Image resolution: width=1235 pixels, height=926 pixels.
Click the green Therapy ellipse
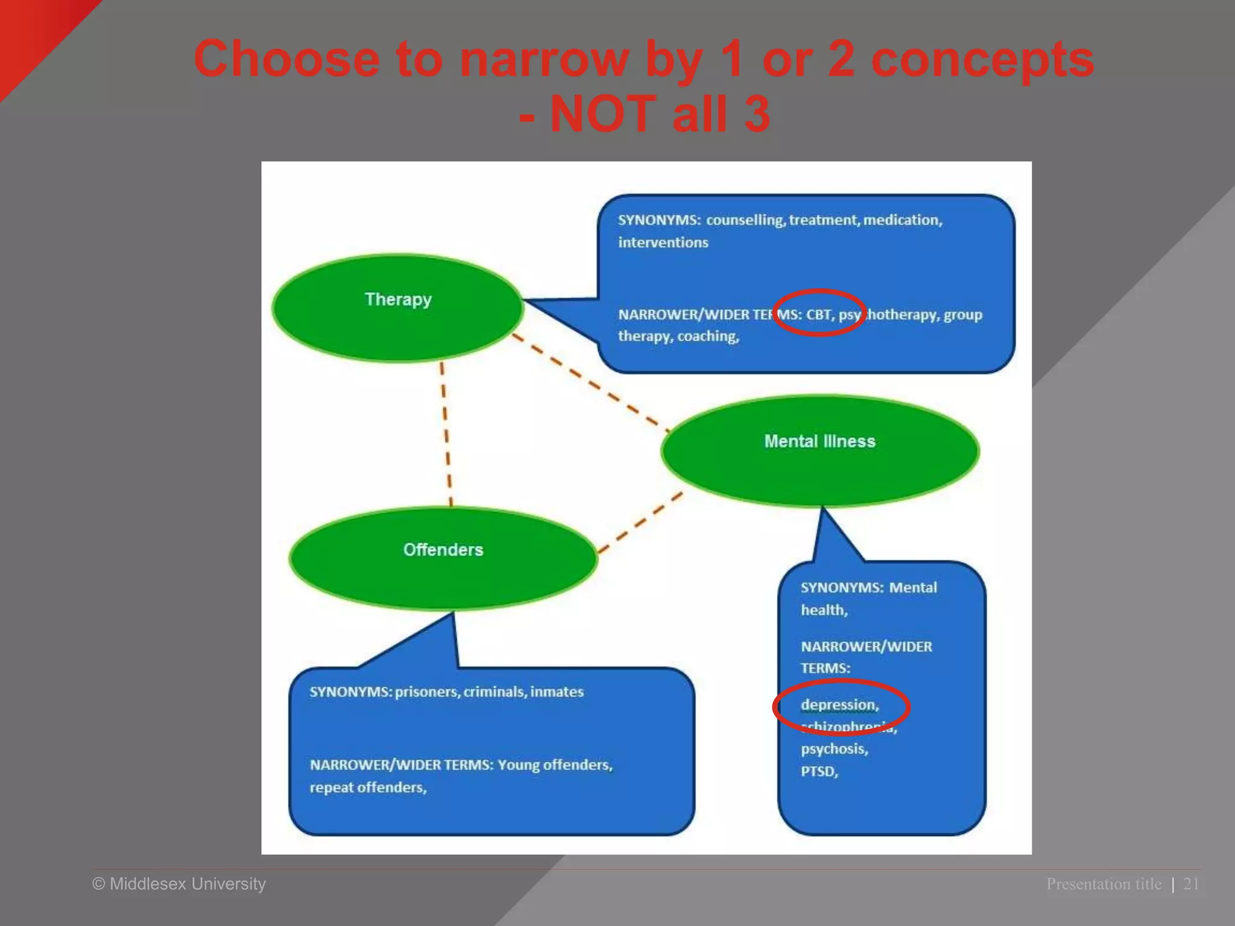[398, 307]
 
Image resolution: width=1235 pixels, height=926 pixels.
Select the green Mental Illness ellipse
[820, 451]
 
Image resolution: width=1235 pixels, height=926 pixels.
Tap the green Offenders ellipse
[443, 558]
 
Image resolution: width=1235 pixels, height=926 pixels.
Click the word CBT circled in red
[819, 315]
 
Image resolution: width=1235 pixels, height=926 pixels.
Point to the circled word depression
[839, 705]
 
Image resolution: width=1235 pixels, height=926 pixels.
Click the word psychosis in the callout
[834, 749]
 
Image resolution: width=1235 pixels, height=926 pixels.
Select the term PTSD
[819, 772]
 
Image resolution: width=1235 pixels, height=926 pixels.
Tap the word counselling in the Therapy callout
[745, 220]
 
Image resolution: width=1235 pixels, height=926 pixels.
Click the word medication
[902, 220]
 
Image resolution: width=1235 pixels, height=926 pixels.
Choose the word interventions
[663, 242]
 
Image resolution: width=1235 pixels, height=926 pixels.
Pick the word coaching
[708, 336]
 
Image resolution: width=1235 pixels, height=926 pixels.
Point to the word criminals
[494, 691]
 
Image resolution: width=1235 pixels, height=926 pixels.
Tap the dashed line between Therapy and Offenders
[446, 434]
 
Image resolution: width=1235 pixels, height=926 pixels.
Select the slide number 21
[1191, 884]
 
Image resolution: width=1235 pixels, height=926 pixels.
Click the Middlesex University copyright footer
[179, 884]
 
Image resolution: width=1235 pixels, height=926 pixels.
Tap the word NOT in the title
[602, 114]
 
